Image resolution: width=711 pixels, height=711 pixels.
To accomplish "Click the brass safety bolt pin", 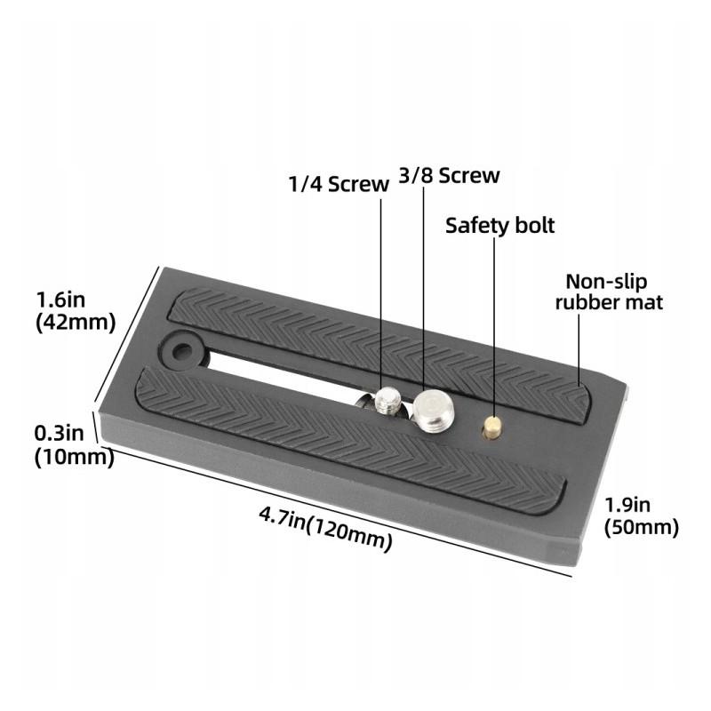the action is [x=492, y=427].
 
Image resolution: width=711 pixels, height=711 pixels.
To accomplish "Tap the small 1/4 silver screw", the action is [x=387, y=401].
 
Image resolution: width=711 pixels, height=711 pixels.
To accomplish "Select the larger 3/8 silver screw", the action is [x=432, y=411].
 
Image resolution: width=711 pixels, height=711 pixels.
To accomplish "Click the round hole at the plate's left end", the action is [x=182, y=350].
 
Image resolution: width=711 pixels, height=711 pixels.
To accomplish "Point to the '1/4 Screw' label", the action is [x=339, y=184].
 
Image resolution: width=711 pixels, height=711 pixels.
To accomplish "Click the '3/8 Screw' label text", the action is [x=449, y=175].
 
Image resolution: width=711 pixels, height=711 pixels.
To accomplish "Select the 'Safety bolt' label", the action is [x=499, y=226].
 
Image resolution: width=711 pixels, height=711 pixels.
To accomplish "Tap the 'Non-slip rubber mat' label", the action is [x=609, y=292].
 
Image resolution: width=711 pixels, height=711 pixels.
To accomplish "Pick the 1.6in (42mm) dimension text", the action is [x=76, y=311].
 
